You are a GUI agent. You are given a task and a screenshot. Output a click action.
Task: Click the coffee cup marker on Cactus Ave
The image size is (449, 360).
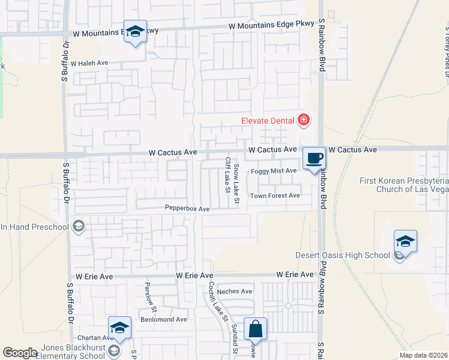(314, 158)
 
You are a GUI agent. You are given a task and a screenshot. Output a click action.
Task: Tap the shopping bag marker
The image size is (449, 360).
(255, 329)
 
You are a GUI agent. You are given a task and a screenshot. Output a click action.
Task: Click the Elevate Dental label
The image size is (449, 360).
(268, 120)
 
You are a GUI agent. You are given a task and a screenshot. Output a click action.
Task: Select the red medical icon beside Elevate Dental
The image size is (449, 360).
(304, 120)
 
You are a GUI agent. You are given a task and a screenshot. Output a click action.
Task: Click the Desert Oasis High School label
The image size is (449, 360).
(343, 255)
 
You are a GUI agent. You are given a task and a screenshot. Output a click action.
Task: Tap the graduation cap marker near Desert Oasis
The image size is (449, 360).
(405, 242)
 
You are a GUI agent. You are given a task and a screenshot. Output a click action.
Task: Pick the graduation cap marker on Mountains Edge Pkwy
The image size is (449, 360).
(135, 32)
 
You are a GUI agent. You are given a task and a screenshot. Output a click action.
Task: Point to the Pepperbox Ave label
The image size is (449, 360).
(187, 209)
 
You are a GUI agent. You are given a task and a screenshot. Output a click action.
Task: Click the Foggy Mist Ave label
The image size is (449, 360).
(274, 171)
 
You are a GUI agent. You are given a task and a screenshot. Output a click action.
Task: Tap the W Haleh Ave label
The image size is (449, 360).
(89, 62)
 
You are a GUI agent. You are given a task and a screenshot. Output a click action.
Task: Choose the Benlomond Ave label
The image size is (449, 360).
(163, 319)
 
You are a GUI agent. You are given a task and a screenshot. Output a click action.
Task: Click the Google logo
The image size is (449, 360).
(20, 353)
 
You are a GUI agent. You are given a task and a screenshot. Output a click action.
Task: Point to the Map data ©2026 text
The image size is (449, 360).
(423, 356)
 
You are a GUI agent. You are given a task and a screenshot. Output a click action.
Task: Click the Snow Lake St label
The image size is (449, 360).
(237, 184)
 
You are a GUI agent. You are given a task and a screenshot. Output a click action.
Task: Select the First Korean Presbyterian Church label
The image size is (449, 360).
(403, 185)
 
